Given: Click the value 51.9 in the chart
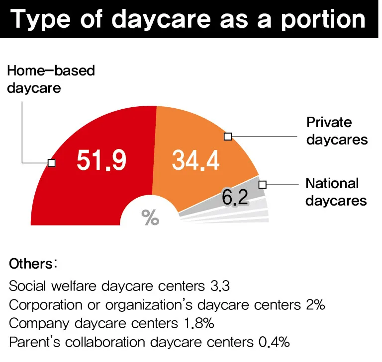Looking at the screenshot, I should point(101,160).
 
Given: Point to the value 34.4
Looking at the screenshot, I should point(195,160).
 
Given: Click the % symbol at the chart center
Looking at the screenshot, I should point(150,217).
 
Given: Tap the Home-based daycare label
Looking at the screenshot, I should point(51,79).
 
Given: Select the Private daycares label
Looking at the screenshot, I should point(337,131).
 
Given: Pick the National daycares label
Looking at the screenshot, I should point(336,192).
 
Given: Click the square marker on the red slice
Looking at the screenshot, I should point(51,162).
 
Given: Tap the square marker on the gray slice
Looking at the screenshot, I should point(263,184).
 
